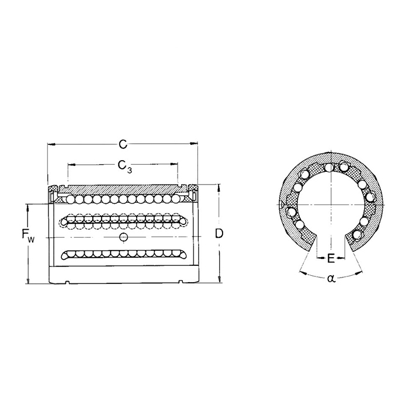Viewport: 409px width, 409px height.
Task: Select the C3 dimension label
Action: tap(124, 166)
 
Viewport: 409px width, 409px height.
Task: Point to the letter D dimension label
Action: tap(219, 234)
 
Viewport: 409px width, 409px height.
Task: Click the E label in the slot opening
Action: tap(331, 258)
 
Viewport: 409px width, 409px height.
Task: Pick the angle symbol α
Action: tap(331, 279)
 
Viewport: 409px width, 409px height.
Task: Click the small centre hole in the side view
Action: tap(123, 236)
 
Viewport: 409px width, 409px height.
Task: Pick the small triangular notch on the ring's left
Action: tap(283, 204)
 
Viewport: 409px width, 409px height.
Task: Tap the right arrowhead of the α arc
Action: tap(360, 270)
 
